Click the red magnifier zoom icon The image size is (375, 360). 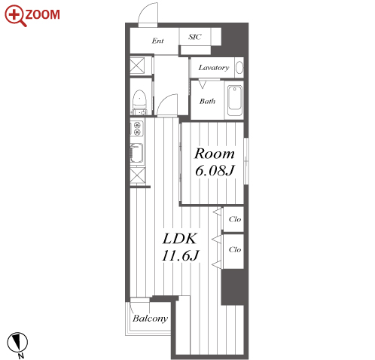[15, 15]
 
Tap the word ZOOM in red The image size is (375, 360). [42, 14]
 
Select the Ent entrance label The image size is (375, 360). [157, 41]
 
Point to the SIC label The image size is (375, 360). [195, 37]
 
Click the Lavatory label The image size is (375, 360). [214, 68]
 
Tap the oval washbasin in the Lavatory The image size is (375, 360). [239, 68]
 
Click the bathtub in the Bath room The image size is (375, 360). [235, 100]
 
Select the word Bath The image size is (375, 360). [207, 101]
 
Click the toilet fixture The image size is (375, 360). [139, 102]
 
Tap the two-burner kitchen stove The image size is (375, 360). [137, 129]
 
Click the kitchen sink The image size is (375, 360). [137, 153]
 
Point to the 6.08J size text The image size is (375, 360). [215, 171]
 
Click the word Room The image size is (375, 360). [215, 154]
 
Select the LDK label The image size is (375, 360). [180, 239]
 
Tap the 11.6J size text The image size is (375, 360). [181, 256]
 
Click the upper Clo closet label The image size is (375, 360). [235, 219]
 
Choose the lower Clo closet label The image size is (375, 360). [235, 249]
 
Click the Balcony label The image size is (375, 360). [150, 319]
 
